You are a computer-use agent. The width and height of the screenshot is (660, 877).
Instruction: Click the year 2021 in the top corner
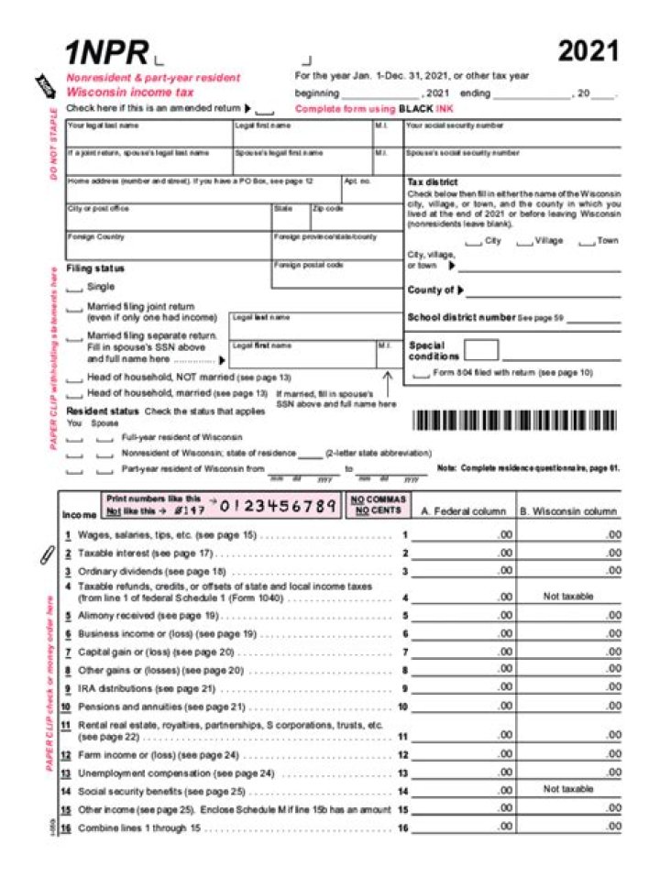point(588,51)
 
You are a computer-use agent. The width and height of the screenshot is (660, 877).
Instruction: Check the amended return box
point(264,110)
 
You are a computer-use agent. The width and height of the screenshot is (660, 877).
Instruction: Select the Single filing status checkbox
point(75,288)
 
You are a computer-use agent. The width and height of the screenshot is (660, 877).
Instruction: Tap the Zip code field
point(354,217)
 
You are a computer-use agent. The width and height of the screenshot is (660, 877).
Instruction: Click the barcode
point(516,421)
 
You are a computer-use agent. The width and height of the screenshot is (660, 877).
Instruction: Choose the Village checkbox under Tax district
point(524,242)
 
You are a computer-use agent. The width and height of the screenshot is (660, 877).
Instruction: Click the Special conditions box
point(481,349)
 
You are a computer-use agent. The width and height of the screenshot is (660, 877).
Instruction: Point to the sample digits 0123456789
point(279,506)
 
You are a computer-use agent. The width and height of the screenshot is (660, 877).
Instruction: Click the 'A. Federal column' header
point(463,511)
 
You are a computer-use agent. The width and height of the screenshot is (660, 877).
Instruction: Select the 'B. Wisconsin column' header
point(569,511)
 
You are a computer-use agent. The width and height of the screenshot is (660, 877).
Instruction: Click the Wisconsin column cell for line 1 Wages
point(569,534)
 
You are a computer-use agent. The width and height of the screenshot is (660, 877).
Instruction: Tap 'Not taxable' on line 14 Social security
point(568,789)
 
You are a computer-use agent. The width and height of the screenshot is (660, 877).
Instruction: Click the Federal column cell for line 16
point(463,828)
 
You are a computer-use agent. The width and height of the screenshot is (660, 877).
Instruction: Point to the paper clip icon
point(48,554)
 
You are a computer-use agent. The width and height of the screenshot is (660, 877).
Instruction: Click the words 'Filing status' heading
point(95,269)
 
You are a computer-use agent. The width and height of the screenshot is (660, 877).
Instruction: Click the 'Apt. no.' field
point(370,190)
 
